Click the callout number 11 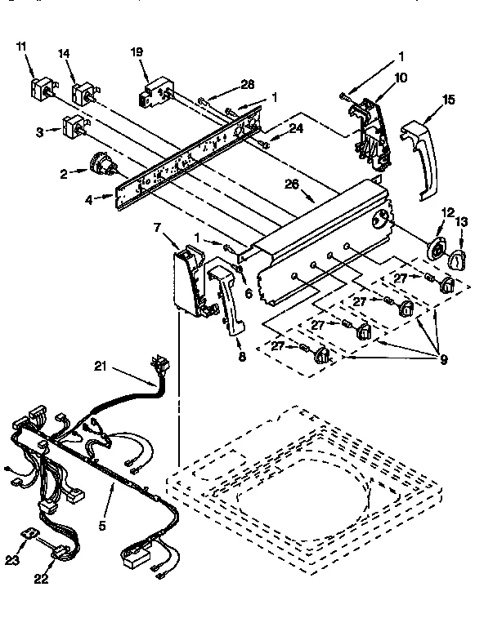[x=22, y=47]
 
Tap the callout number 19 [x=137, y=52]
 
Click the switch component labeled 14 [x=83, y=94]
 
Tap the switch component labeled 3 [x=74, y=128]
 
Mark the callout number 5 [x=102, y=527]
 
